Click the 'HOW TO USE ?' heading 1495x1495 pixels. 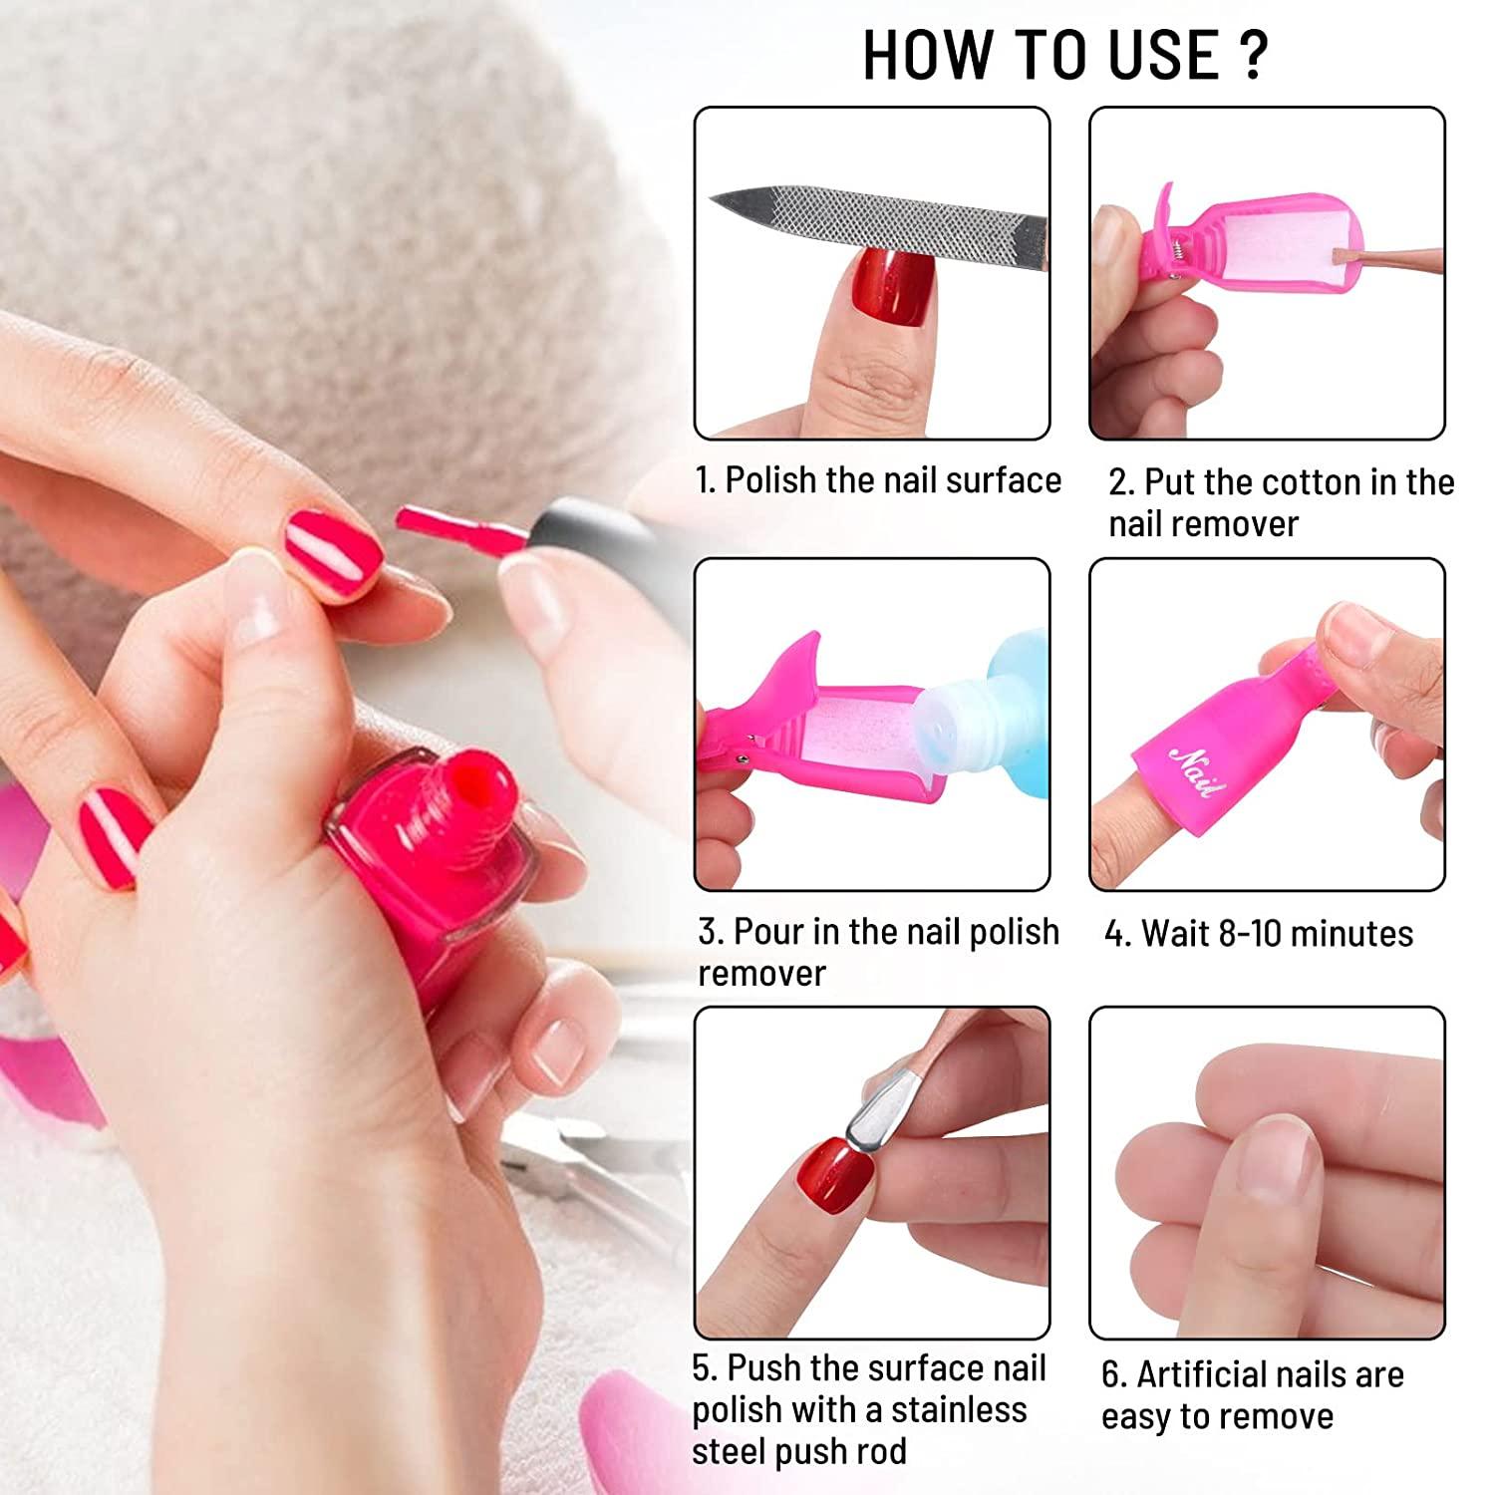click(1064, 55)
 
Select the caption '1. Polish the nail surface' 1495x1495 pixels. click(878, 480)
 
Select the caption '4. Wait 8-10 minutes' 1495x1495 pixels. click(1258, 934)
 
